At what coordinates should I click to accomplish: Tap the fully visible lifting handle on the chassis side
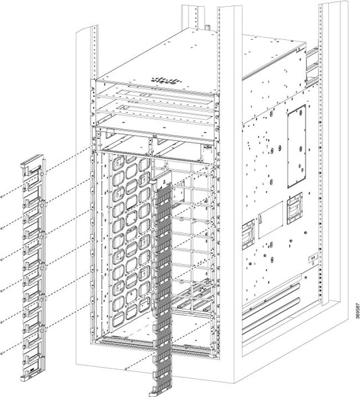pyautogui.click(x=294, y=209)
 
